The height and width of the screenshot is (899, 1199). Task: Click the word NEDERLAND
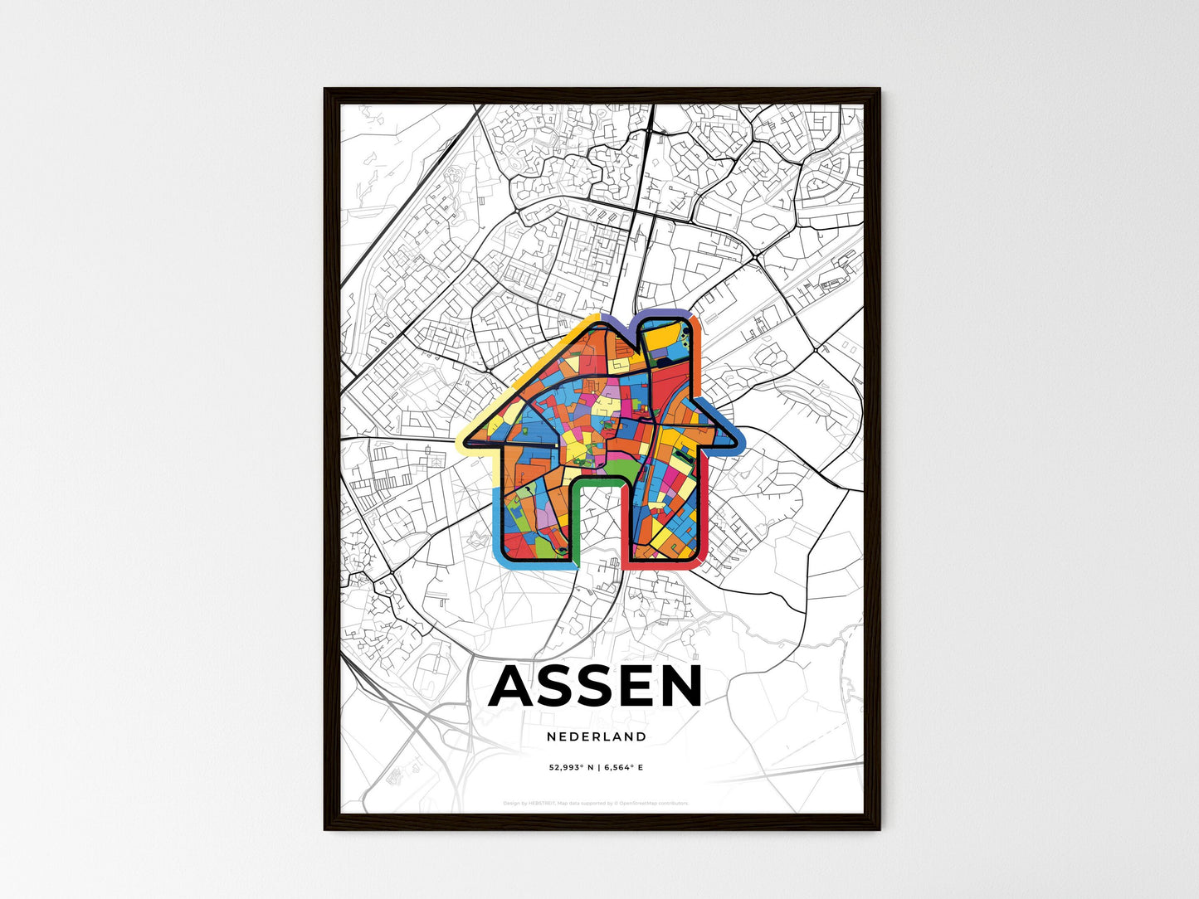point(597,736)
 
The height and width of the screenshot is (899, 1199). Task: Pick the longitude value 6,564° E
point(624,768)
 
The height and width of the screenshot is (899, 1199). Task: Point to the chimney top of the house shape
point(669,316)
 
